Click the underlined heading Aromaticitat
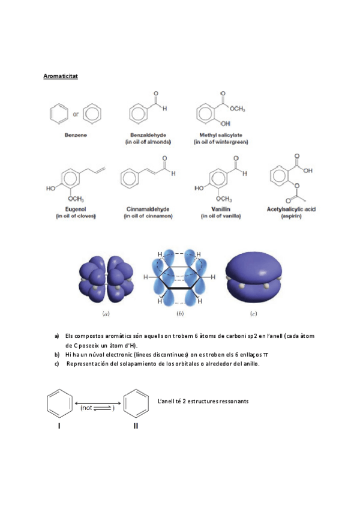pyautogui.click(x=61, y=77)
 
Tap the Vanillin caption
pyautogui.click(x=215, y=209)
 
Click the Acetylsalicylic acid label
pyautogui.click(x=291, y=209)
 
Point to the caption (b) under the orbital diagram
pyautogui.click(x=180, y=313)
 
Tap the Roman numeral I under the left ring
pyautogui.click(x=59, y=426)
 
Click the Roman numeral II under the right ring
pyautogui.click(x=136, y=426)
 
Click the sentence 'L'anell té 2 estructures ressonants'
pyautogui.click(x=202, y=401)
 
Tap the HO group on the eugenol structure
pyautogui.click(x=51, y=188)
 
